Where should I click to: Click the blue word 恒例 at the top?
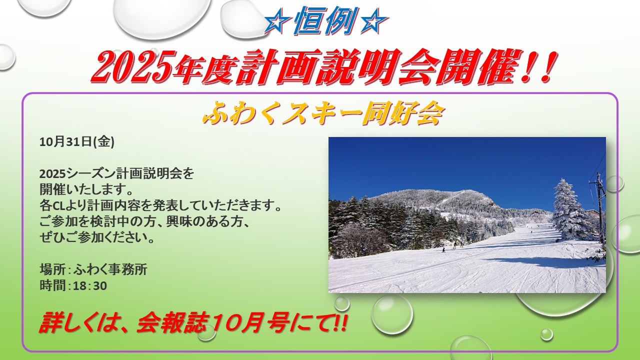(325, 21)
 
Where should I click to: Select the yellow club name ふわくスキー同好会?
(323, 113)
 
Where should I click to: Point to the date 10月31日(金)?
(77, 141)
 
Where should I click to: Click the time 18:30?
(89, 285)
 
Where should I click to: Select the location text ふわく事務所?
(110, 269)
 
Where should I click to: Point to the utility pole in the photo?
(599, 207)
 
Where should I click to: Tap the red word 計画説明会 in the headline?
(317, 67)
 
